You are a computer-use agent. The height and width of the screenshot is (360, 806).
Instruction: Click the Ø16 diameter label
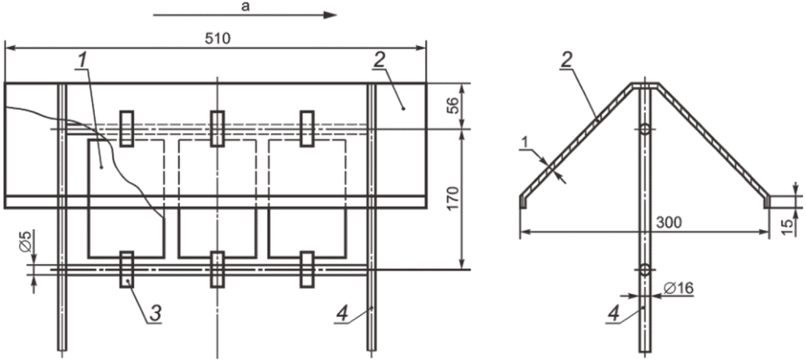679,289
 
